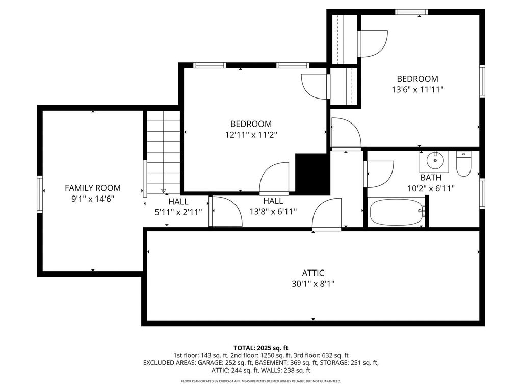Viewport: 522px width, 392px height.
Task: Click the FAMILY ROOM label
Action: pos(93,188)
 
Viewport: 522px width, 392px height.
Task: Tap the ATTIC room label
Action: pos(313,273)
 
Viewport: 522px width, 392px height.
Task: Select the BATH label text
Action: pos(431,177)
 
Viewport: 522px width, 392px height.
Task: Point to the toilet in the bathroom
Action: pos(463,164)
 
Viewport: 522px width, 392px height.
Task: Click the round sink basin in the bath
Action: pos(434,161)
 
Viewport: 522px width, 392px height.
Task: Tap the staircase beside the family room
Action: pos(162,152)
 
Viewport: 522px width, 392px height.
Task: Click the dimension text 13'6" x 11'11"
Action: pos(417,90)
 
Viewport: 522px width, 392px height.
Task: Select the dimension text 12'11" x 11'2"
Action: pos(251,135)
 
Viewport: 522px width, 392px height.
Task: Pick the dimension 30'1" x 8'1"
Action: pos(313,284)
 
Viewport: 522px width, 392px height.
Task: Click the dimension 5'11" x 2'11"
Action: pos(178,212)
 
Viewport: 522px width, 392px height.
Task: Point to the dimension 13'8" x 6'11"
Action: pos(273,211)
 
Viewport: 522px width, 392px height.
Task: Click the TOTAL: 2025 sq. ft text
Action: pos(260,348)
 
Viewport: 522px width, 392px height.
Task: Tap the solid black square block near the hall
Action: pos(312,174)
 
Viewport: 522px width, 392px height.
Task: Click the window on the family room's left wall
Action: pos(40,194)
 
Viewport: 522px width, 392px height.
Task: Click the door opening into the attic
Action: pos(327,214)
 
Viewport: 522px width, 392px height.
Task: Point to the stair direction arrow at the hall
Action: pos(164,191)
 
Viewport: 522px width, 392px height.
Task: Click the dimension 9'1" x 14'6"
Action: pos(93,199)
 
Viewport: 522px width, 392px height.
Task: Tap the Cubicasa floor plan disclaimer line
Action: pos(260,381)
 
